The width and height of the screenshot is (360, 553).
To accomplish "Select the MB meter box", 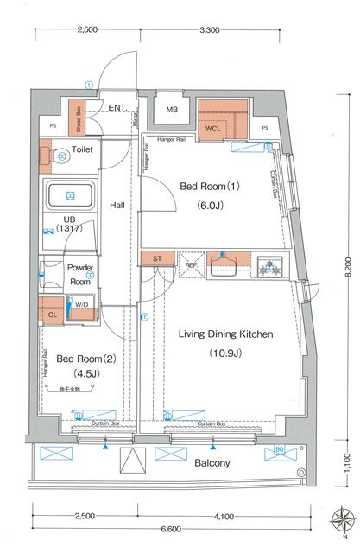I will (x=173, y=110).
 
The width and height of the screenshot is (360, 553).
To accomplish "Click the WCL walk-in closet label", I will (x=214, y=129).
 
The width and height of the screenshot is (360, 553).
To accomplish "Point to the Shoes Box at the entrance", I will (x=77, y=118).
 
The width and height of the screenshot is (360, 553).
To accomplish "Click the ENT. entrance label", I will (x=117, y=108).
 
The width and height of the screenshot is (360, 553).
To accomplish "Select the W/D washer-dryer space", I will (x=83, y=304).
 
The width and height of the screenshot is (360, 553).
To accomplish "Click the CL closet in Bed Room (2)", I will (x=53, y=315).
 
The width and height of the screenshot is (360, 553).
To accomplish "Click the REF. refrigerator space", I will (x=189, y=265).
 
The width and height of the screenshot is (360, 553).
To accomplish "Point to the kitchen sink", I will (x=224, y=264).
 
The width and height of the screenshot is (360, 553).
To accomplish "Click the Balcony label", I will (x=212, y=464).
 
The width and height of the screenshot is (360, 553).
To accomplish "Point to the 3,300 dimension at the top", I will (x=210, y=29).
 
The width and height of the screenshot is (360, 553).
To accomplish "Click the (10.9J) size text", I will (x=225, y=353).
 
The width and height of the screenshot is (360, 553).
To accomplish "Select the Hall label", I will (x=118, y=205).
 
